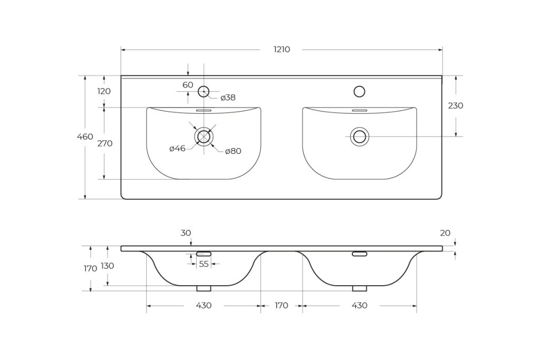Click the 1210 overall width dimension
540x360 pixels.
282,50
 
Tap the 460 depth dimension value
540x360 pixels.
85,137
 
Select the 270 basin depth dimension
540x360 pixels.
105,143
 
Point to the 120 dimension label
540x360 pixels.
104,91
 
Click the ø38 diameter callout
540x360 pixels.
228,98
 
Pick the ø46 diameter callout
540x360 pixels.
177,149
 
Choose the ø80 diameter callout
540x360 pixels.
233,151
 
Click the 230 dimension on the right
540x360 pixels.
455,105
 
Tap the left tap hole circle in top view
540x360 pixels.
204,91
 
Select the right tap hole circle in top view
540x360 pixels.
359,91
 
